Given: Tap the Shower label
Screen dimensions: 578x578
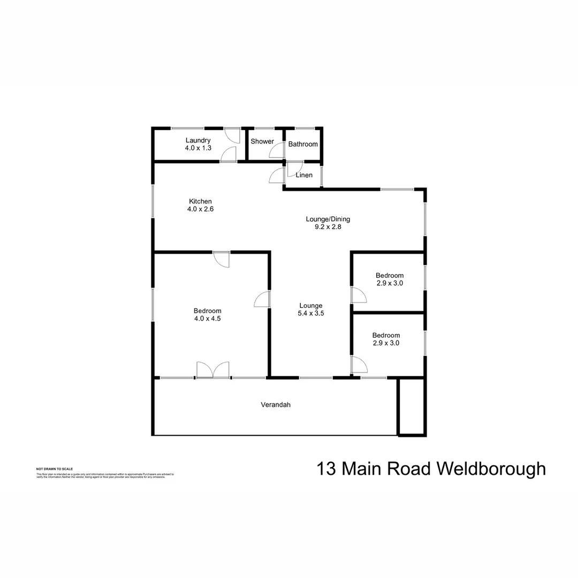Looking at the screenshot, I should point(262,142).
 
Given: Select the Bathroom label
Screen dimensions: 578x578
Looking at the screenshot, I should point(303,144).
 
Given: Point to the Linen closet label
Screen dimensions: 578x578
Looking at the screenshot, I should point(304,175).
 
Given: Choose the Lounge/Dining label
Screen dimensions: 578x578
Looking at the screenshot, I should point(328,219).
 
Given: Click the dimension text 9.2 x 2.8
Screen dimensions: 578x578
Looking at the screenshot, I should point(328,226).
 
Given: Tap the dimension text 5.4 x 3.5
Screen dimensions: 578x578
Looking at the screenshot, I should point(310,314).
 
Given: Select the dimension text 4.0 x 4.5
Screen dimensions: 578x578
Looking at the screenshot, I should point(207,318).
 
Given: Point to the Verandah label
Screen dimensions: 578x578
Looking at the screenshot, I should point(276,405).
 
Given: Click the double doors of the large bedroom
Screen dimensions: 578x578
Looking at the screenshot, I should point(213,370).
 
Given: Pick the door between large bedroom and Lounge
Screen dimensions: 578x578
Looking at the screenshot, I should point(262,299).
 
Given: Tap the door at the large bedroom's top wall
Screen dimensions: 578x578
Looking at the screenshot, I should point(221,258).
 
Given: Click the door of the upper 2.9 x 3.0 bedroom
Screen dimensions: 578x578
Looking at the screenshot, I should point(358,295).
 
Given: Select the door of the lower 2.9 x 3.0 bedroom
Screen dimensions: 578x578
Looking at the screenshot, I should point(359,365).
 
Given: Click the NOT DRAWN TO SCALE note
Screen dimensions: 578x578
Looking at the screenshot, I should point(51,469).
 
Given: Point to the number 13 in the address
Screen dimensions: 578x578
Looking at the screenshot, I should point(326,469).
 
